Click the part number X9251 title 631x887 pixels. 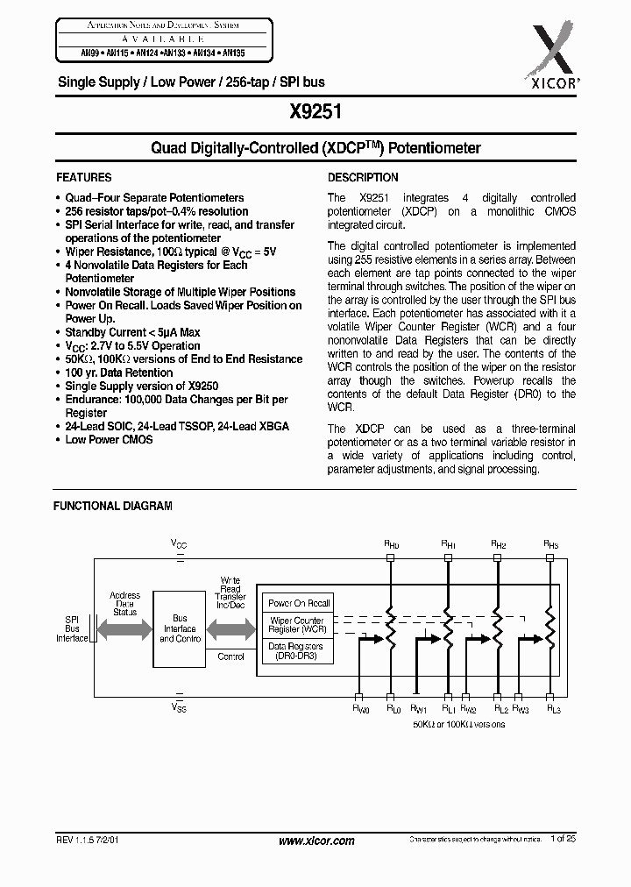click(x=315, y=113)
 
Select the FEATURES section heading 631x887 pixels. click(x=83, y=177)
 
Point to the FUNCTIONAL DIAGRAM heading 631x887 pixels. click(x=113, y=506)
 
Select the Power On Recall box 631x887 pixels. click(x=299, y=603)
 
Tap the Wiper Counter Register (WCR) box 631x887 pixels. click(x=299, y=626)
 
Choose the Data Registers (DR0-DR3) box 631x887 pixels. click(x=299, y=651)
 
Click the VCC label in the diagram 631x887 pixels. click(x=179, y=544)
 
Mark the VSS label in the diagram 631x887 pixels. click(x=179, y=706)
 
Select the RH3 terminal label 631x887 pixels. click(x=550, y=544)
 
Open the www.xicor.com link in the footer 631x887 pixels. click(x=315, y=841)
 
